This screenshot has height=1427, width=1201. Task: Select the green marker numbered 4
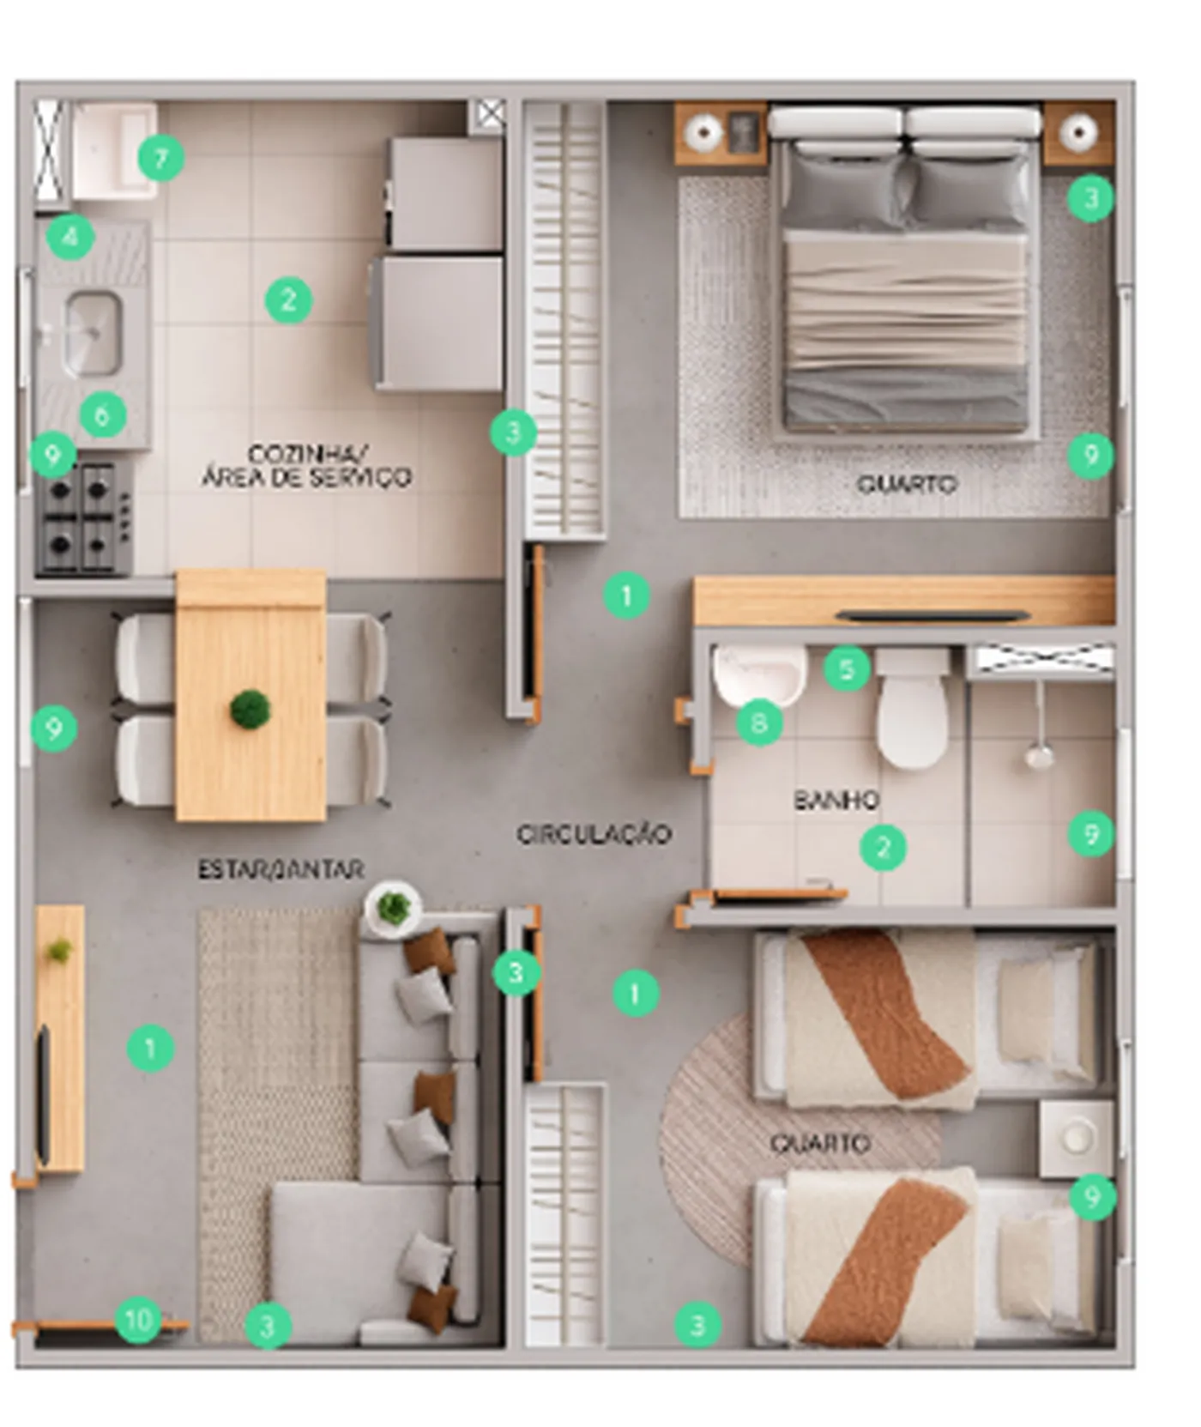point(71,236)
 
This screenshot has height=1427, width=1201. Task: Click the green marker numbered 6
point(103,415)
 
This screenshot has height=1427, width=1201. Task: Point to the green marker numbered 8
point(759,723)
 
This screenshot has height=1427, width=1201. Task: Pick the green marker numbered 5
point(848,669)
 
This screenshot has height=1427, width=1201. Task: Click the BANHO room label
point(836,801)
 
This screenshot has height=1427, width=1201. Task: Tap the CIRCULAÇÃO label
point(594,834)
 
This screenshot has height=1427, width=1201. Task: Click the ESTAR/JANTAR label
point(281,869)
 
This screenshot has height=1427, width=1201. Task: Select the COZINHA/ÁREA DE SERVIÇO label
point(306,466)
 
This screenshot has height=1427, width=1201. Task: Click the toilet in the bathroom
point(912,709)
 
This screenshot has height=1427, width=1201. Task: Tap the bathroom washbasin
point(758,674)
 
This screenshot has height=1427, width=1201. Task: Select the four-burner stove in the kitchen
point(84,518)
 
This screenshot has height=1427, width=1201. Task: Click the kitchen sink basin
point(93,334)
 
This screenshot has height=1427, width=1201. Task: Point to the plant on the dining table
point(250,710)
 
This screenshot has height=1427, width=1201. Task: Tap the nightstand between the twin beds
point(1076,1139)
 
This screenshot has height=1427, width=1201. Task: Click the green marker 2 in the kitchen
point(288,300)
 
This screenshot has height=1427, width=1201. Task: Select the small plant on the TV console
point(59,950)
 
